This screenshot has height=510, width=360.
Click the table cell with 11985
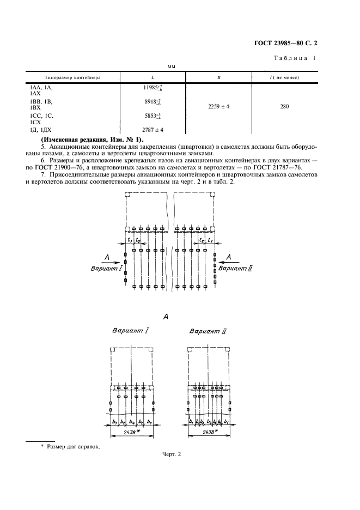coord(152,88)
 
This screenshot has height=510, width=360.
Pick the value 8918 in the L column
coord(152,102)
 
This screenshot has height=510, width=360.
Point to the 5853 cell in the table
coord(152,117)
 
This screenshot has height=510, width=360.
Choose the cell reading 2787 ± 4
coord(152,130)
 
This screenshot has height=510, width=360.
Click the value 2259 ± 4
coord(218,107)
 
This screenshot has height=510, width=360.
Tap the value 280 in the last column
coord(284,107)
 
